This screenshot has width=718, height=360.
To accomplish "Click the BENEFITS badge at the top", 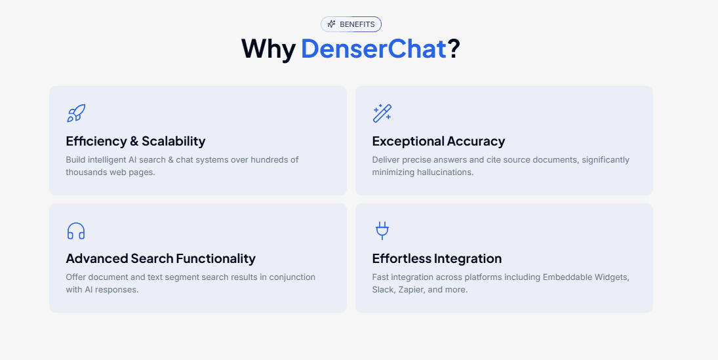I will (x=351, y=24).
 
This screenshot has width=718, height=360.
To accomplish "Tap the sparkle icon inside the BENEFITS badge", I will (x=331, y=24).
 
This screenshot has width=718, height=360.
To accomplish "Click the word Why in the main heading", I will (x=268, y=49).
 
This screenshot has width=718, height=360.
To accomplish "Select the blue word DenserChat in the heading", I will (x=374, y=49).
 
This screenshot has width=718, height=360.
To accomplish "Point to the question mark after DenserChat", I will (x=454, y=49).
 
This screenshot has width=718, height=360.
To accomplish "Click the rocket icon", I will (x=76, y=113).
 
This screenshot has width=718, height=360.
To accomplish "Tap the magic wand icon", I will (x=382, y=113).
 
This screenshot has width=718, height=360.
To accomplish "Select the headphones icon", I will (x=76, y=231).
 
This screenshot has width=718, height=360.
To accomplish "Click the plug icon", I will (x=382, y=231).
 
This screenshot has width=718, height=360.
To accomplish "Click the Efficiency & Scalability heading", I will (x=136, y=141).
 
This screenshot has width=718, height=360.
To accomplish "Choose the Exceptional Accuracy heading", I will (x=438, y=141).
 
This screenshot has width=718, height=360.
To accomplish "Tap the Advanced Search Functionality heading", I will (x=161, y=258).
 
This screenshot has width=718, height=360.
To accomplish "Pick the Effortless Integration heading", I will (x=437, y=258).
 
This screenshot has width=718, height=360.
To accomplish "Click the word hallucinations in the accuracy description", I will (x=443, y=172).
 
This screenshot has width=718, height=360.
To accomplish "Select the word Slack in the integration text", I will (x=383, y=290).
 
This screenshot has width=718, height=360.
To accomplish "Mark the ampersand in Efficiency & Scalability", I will (x=134, y=141).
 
